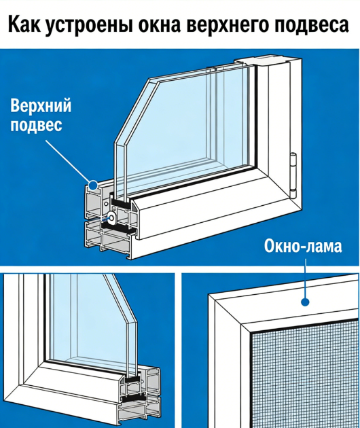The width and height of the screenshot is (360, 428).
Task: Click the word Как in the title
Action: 24,24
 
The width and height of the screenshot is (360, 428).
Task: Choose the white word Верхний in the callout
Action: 41,105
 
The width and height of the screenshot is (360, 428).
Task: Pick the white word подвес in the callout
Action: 37,125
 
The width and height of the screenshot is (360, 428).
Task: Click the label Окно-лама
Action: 303,246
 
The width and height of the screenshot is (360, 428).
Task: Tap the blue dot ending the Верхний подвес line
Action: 93,185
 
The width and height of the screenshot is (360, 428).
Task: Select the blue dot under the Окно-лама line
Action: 305,302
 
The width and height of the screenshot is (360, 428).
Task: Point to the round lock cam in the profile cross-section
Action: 112,217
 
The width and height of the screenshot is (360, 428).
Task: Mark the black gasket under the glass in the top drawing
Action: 120,202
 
